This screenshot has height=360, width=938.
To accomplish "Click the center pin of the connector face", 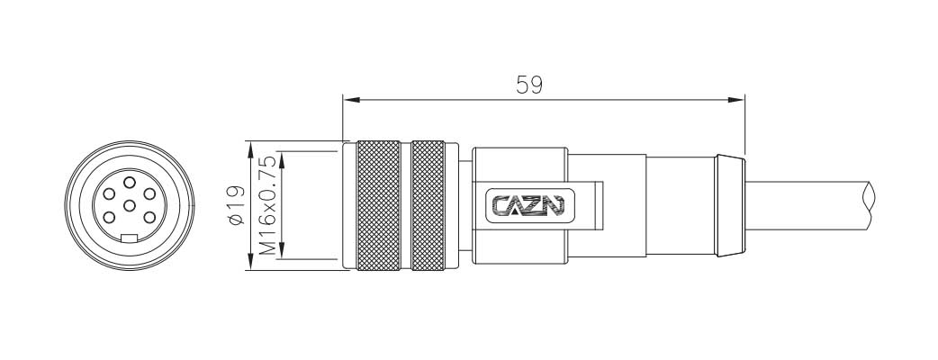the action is point(130,206).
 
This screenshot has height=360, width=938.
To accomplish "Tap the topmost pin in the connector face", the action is point(130,183).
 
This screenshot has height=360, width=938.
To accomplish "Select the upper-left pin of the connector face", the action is point(109,193).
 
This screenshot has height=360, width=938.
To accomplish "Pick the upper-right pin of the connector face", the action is point(149,193).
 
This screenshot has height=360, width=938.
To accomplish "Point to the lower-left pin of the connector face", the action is point(109,218).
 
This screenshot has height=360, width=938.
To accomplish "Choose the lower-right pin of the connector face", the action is point(149,218).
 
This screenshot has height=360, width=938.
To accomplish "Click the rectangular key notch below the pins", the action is point(130,238).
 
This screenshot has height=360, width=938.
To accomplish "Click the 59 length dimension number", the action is point(529,85).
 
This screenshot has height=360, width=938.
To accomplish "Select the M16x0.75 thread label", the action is point(268,205).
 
